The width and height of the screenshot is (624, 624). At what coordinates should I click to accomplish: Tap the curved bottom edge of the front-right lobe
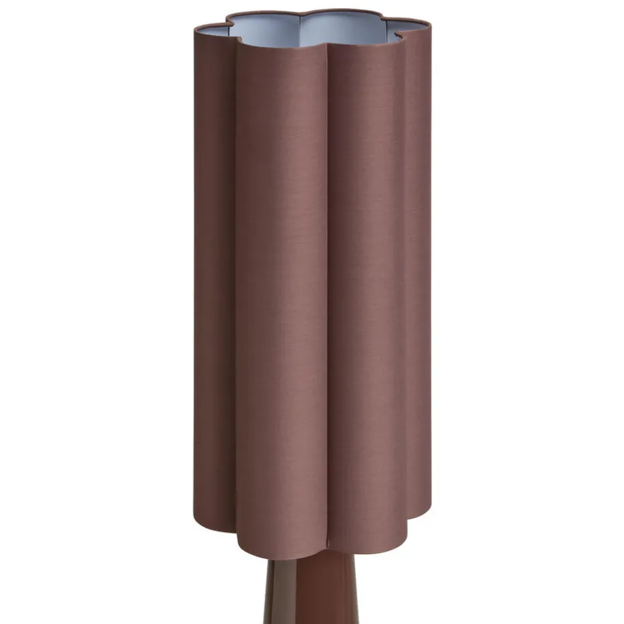click(x=369, y=547)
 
